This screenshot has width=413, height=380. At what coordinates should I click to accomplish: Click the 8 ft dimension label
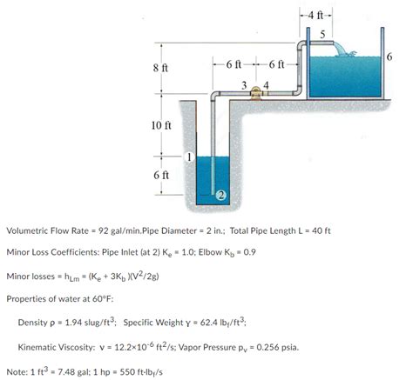pyautogui.click(x=159, y=67)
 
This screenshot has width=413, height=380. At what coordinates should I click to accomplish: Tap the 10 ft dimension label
pyautogui.click(x=161, y=126)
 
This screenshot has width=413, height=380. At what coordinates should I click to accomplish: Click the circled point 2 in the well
pyautogui.click(x=221, y=194)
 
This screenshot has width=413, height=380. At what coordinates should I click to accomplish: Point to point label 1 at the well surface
pyautogui.click(x=188, y=157)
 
